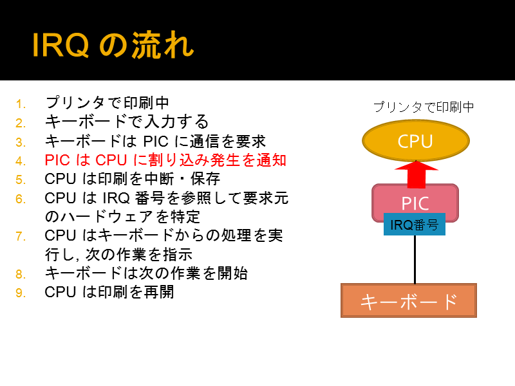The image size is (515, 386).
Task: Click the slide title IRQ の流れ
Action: point(113,45)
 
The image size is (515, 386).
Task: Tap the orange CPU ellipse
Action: point(415,140)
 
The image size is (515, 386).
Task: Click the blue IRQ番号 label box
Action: point(415,225)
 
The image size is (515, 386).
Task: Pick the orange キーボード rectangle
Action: point(409,300)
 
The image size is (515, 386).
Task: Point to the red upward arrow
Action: point(416,174)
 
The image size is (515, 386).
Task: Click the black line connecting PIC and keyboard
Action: point(415,259)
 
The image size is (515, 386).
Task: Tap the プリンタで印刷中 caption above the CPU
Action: point(424,107)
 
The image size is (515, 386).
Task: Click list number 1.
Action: point(21,104)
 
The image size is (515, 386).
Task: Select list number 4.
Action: point(21,161)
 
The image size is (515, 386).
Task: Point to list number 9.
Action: point(21,293)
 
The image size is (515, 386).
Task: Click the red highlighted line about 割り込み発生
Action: point(165,160)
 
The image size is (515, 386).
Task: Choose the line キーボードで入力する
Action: point(127,122)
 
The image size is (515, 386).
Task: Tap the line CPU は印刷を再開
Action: point(109,292)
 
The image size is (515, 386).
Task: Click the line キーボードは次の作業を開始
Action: point(146,273)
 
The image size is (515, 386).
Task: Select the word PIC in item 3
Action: point(156,142)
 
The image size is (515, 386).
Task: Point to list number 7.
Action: point(21,236)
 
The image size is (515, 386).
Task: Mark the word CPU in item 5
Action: point(61,179)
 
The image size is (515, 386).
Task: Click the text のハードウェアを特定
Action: point(122,217)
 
